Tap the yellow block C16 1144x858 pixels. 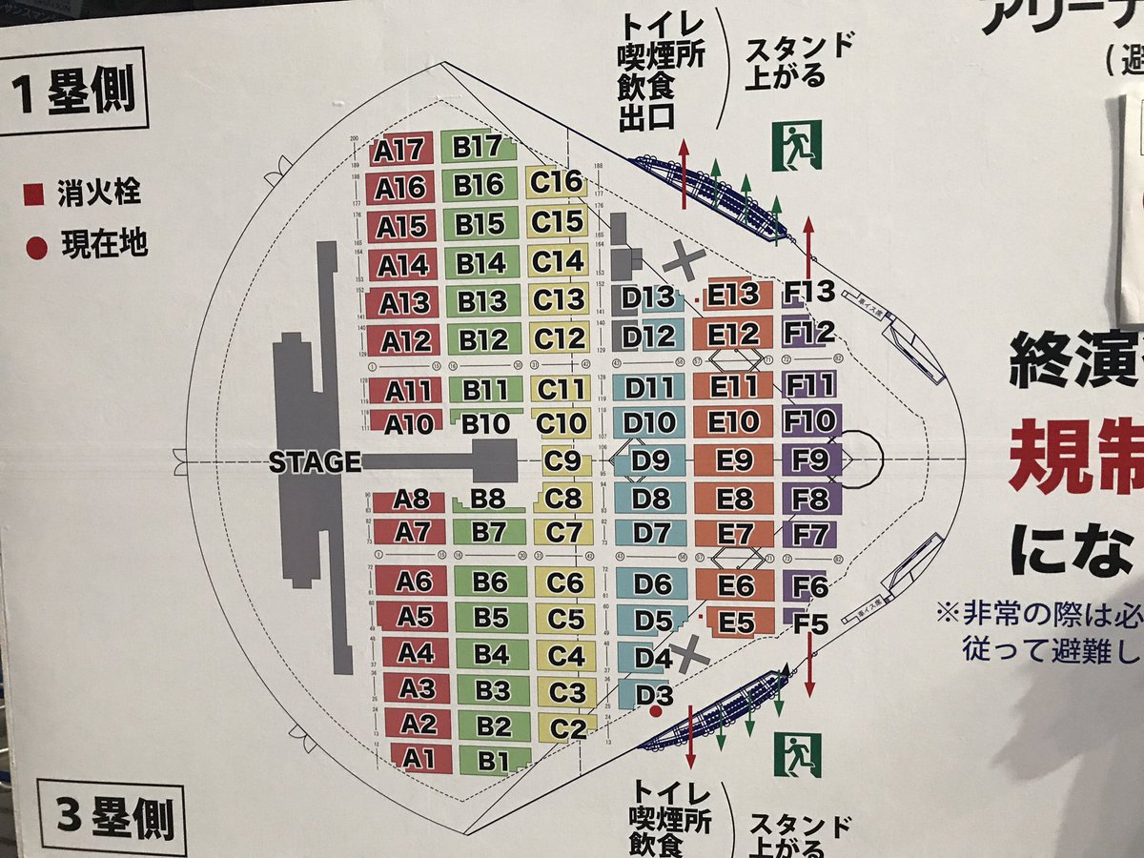coord(556,181)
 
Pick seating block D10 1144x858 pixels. coord(651,422)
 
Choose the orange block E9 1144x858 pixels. coord(734,460)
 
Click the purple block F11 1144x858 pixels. coord(809,386)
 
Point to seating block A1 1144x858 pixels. coord(412,759)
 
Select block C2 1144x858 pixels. coord(567,730)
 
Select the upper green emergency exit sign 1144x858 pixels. coord(797,145)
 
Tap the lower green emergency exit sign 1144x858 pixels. coord(797,754)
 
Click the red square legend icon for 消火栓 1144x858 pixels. coord(34,195)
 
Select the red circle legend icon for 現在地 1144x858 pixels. coord(36,248)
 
